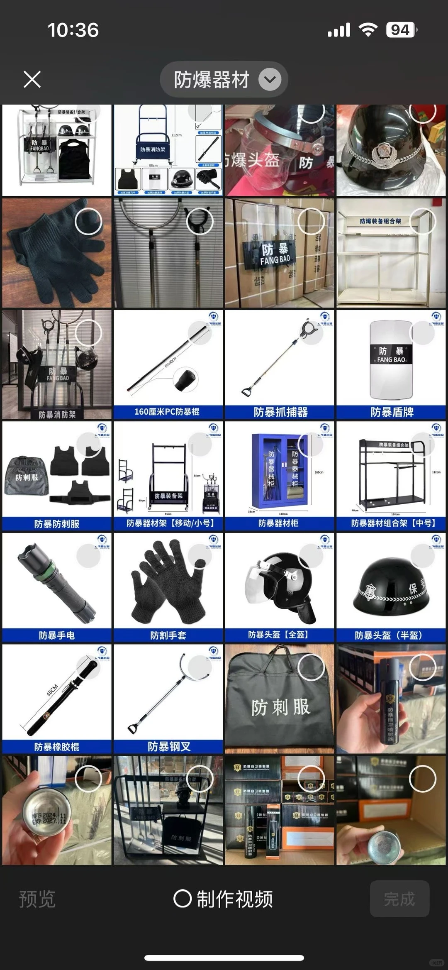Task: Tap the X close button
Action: [32, 79]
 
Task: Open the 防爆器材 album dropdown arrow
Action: [270, 79]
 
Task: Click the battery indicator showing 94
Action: [401, 30]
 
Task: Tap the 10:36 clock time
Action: [73, 30]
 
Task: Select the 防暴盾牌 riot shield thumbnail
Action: [391, 364]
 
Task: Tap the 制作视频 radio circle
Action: [182, 899]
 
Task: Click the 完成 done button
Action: [399, 899]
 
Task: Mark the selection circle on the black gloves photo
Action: [88, 222]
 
